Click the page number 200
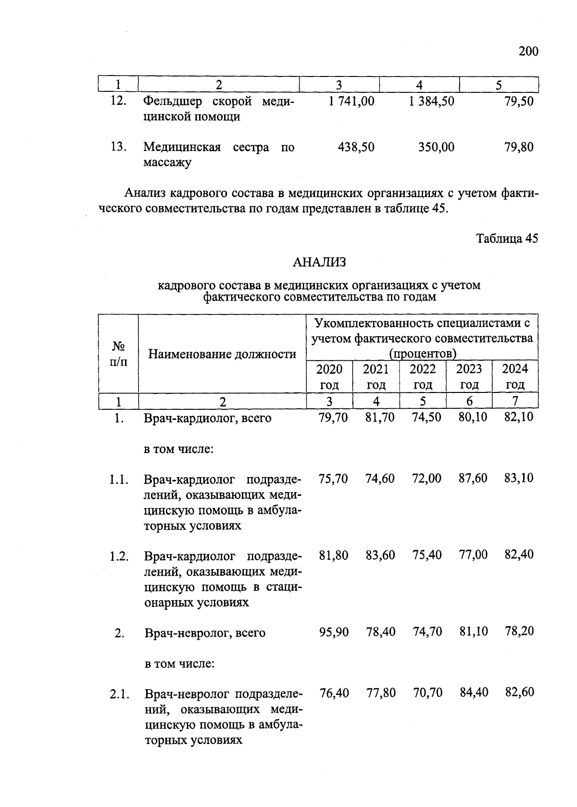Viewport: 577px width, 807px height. (528, 51)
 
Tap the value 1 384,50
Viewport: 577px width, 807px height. (431, 101)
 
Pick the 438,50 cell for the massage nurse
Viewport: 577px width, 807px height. (356, 147)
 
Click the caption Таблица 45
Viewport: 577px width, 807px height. (507, 239)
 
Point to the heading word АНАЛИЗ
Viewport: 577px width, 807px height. (319, 262)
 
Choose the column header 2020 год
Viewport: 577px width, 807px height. (329, 377)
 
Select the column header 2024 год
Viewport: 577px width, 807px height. (515, 377)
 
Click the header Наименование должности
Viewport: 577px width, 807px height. (222, 354)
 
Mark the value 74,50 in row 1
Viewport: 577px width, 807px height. (426, 417)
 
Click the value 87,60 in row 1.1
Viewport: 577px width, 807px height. (473, 479)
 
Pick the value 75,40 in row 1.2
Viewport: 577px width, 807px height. (426, 555)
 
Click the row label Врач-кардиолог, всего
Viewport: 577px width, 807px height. (208, 418)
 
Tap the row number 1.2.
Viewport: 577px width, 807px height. (119, 556)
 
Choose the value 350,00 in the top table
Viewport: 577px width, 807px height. (436, 147)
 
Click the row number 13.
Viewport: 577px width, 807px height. (118, 147)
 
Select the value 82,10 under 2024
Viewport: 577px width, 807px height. (519, 417)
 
